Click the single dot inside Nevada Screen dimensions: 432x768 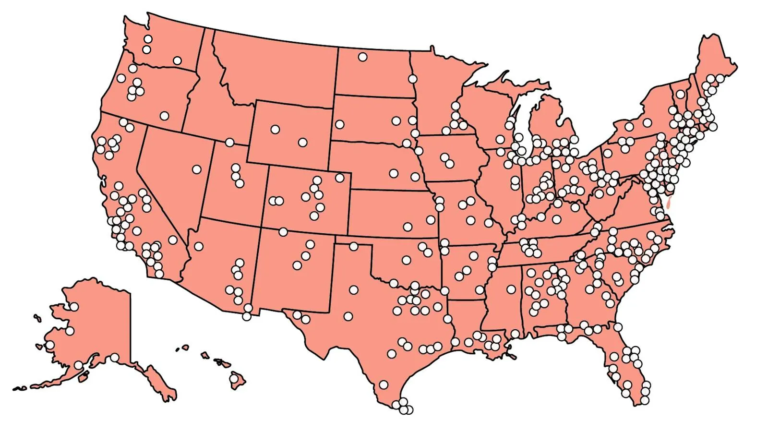pyautogui.click(x=196, y=169)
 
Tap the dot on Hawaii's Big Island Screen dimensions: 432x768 pyautogui.click(x=234, y=379)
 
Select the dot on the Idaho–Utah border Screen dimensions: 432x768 pyautogui.click(x=229, y=143)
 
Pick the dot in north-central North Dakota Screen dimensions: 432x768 pyautogui.click(x=362, y=57)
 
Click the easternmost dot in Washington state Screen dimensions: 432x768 pyautogui.click(x=177, y=60)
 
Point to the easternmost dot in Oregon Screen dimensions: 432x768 pyautogui.click(x=165, y=116)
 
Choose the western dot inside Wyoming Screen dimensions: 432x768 pyautogui.click(x=275, y=129)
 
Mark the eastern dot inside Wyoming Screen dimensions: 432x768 pyautogui.click(x=302, y=143)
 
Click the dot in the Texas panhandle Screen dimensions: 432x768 pyautogui.click(x=354, y=246)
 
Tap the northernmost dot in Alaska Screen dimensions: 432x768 pyautogui.click(x=74, y=306)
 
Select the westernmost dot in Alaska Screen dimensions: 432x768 pyautogui.click(x=50, y=345)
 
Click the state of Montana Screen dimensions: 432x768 pyautogui.click(x=278, y=72)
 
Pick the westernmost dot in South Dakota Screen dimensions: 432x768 pyautogui.click(x=339, y=125)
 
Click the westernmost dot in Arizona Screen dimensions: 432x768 pyautogui.click(x=198, y=247)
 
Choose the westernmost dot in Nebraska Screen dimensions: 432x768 pyautogui.click(x=394, y=173)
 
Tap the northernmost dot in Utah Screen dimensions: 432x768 pyautogui.click(x=235, y=168)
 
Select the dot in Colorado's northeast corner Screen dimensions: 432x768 pyautogui.click(x=340, y=178)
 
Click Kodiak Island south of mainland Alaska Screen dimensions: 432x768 pyautogui.click(x=83, y=378)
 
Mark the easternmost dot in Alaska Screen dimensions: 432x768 pyautogui.click(x=115, y=358)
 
